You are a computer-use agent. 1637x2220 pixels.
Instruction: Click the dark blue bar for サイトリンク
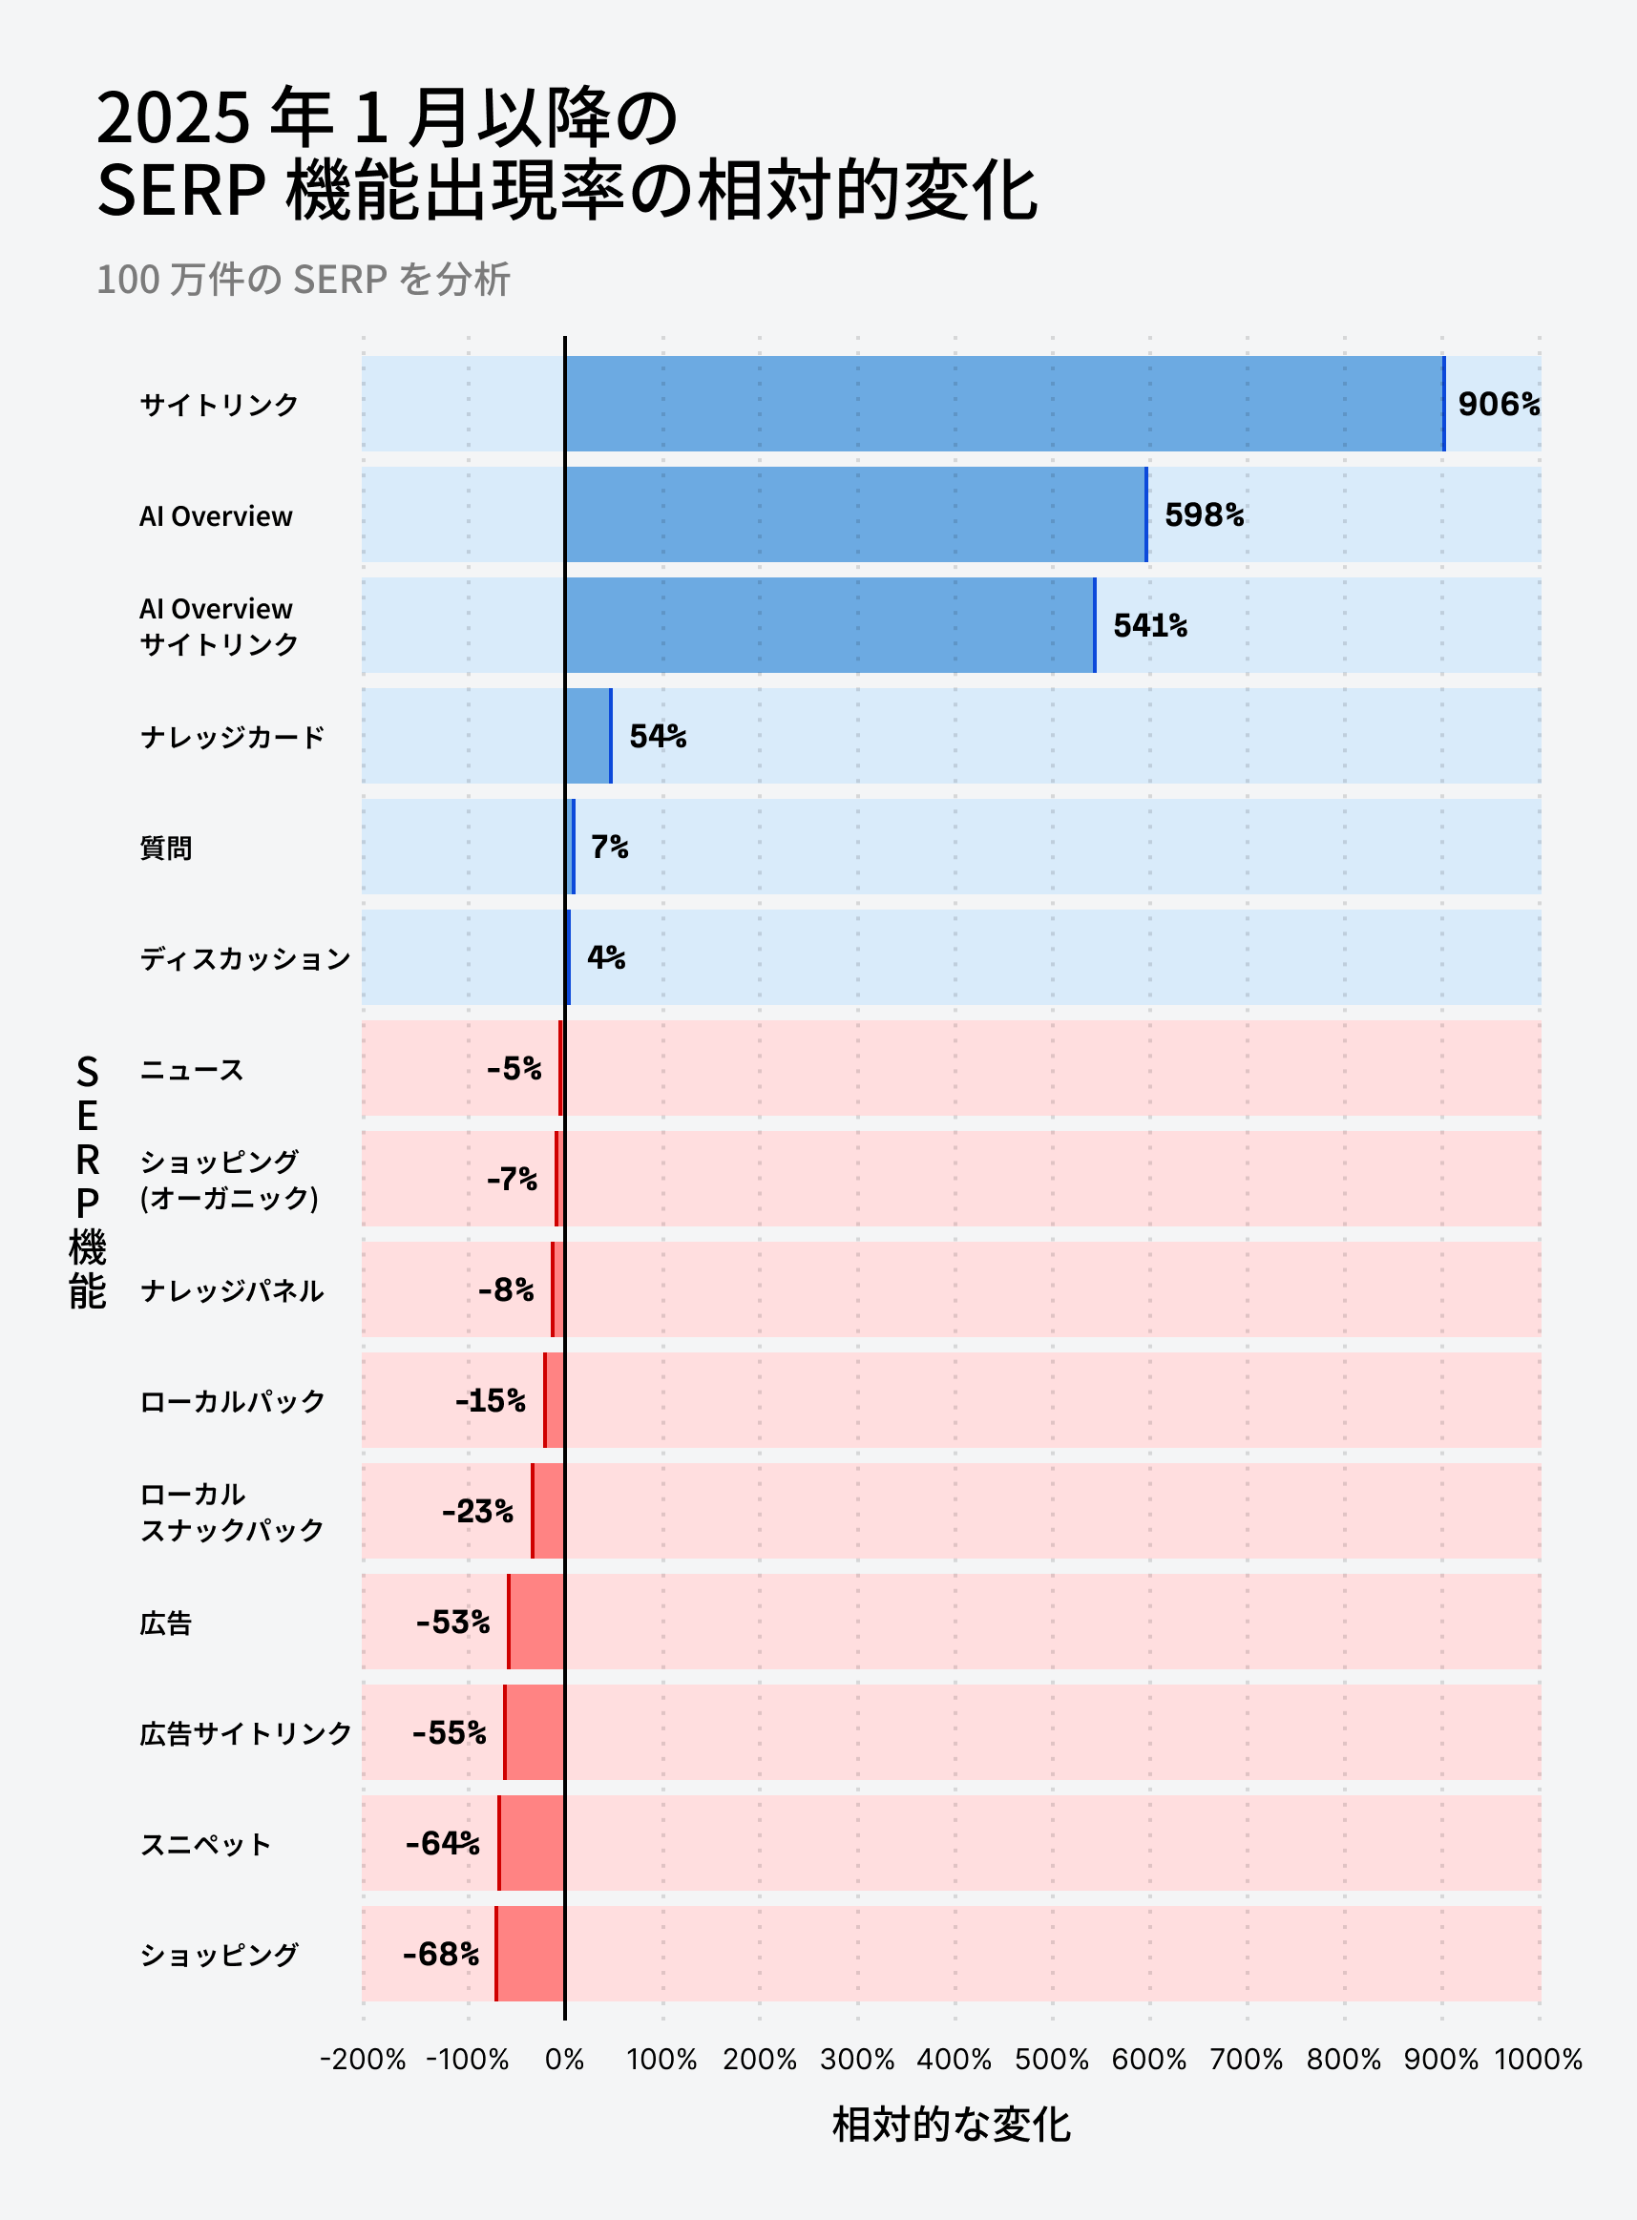1003,404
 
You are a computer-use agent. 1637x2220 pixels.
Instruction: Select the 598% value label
1204,515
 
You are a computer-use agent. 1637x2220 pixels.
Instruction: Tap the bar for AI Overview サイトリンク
829,626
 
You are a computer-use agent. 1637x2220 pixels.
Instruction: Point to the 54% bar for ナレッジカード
589,736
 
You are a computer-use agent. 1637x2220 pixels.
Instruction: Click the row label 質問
165,848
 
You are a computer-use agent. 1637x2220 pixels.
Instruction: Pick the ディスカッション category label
244,959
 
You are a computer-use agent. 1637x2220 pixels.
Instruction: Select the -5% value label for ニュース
514,1069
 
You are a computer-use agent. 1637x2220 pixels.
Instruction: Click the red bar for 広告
536,1622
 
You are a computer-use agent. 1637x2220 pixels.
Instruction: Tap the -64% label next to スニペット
442,1844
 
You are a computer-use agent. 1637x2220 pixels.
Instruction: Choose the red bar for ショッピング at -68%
530,1954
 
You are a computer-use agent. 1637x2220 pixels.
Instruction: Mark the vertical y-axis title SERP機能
87,1181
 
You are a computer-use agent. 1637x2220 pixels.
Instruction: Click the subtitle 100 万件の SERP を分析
304,281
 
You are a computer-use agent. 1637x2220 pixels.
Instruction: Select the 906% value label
1499,404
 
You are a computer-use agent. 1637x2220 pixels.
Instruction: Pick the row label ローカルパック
232,1402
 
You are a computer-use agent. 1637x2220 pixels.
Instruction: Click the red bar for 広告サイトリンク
535,1732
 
